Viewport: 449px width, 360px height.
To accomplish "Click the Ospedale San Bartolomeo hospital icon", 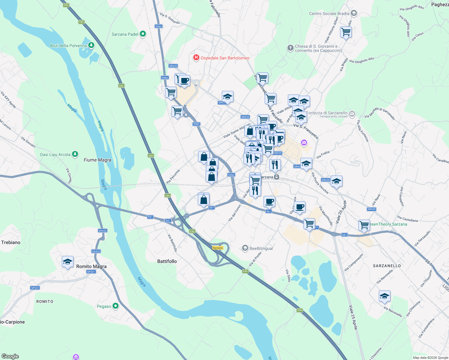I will click(196, 58).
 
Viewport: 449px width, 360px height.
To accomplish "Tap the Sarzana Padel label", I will click(125, 34).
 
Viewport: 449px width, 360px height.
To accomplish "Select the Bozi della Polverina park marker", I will click(91, 45).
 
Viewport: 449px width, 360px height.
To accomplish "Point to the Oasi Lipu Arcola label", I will click(55, 154).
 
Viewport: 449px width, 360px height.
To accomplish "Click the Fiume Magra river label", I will click(97, 160).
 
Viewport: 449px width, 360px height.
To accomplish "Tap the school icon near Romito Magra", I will click(68, 262).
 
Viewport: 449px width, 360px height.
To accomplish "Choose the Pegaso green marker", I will click(115, 306).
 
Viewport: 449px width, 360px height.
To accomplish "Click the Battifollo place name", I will click(167, 261).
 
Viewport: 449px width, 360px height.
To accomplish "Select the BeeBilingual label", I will click(261, 248).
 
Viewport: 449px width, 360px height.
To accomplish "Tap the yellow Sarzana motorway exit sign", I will click(218, 248).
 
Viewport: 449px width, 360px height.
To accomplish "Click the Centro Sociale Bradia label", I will click(329, 13).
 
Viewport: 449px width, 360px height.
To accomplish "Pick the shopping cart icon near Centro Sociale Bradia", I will click(346, 32).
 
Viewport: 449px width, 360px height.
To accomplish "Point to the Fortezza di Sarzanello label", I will click(327, 113).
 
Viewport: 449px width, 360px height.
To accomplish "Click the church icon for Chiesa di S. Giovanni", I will click(290, 48).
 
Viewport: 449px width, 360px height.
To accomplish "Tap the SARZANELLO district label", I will click(387, 266).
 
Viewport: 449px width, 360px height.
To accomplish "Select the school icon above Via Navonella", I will click(384, 296).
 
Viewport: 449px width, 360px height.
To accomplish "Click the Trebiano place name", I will click(11, 242).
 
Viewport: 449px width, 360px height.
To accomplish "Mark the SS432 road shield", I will click(103, 231).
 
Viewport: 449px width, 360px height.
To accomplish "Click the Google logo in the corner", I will click(10, 356).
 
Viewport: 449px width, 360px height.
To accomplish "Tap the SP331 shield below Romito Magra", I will click(91, 272).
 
